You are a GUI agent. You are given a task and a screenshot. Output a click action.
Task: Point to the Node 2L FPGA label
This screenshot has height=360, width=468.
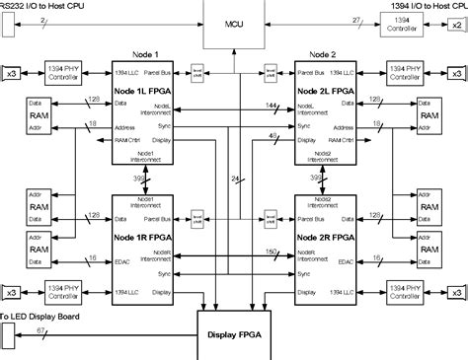tap(324, 92)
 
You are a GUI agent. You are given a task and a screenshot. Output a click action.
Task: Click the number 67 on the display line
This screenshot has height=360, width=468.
tap(39, 331)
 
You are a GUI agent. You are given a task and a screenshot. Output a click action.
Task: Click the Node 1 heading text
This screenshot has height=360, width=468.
tap(144, 54)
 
